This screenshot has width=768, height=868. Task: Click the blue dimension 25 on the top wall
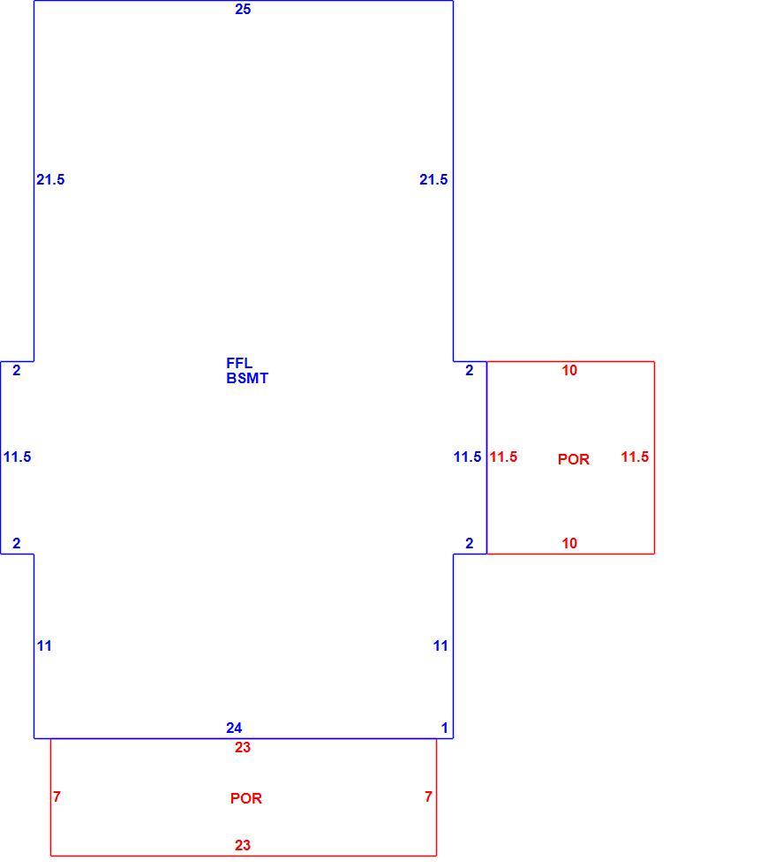(243, 10)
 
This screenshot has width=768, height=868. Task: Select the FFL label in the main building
(239, 363)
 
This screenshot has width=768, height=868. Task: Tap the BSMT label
(247, 378)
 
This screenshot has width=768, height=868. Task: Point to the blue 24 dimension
(234, 728)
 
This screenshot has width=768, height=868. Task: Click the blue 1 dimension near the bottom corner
(444, 728)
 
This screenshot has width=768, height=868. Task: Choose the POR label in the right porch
(573, 459)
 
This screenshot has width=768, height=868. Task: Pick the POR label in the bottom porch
(246, 798)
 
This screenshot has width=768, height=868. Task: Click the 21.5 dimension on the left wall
(50, 179)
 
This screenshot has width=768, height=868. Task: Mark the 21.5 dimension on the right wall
(433, 179)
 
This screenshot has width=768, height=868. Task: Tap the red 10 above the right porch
(569, 370)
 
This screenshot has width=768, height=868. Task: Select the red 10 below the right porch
(569, 544)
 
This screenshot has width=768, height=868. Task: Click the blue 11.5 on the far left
(17, 457)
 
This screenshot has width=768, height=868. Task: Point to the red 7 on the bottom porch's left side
(56, 796)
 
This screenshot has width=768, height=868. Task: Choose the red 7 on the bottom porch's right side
(428, 796)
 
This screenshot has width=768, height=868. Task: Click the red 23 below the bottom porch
(243, 845)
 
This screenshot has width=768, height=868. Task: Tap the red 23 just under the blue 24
(243, 747)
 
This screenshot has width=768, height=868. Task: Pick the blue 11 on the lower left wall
(44, 645)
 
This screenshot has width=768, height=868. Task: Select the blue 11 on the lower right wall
(440, 645)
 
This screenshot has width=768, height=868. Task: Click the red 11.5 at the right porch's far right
(635, 457)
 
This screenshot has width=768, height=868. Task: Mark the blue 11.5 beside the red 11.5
(468, 457)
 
